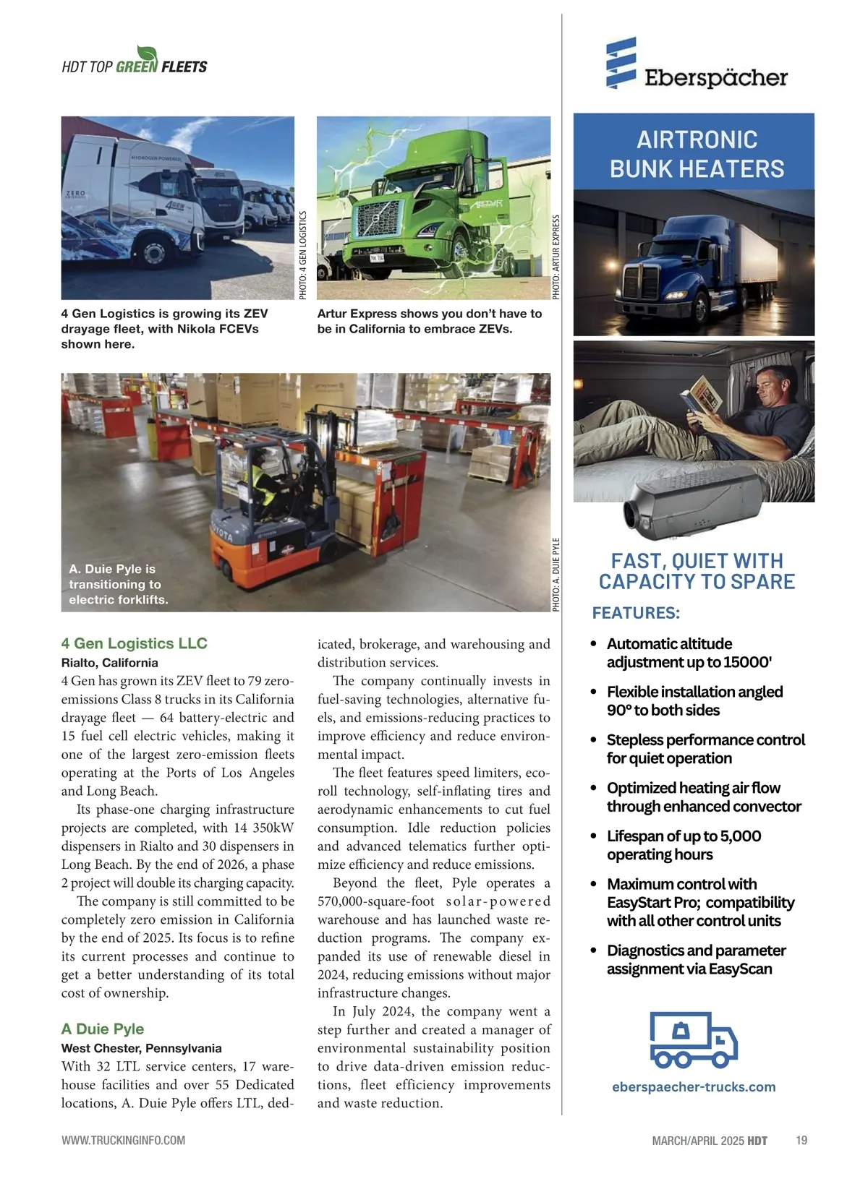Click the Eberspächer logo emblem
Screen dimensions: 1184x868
621,63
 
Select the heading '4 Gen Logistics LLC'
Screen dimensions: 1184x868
135,643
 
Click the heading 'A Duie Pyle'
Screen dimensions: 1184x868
103,1029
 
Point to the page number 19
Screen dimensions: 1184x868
801,1140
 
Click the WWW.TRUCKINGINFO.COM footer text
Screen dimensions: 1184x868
123,1140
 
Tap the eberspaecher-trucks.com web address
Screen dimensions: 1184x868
694,1086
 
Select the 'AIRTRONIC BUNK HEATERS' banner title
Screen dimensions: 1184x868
697,154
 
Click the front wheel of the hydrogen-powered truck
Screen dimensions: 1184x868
154,252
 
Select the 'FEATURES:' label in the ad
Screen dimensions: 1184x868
636,613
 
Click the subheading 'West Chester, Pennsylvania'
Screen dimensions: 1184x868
142,1048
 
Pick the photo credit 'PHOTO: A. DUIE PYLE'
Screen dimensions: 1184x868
556,575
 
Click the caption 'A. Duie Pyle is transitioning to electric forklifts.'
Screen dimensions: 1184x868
119,584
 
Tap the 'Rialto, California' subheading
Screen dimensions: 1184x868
110,663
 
